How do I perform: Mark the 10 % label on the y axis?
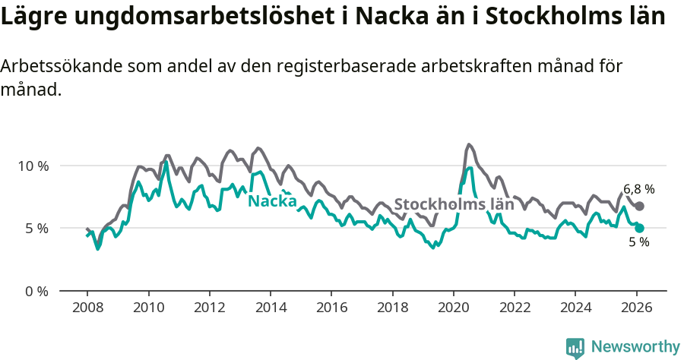[x=32, y=166]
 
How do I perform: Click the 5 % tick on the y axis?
[x=36, y=228]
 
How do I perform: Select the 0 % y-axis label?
[x=36, y=291]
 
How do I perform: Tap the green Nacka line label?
[x=272, y=201]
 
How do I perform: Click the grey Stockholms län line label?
[x=454, y=204]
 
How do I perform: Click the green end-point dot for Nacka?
[x=639, y=228]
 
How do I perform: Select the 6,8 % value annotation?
[x=638, y=189]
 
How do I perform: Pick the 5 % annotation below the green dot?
[x=638, y=242]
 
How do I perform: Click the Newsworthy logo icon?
[x=575, y=347]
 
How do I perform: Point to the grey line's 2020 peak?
[x=469, y=144]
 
